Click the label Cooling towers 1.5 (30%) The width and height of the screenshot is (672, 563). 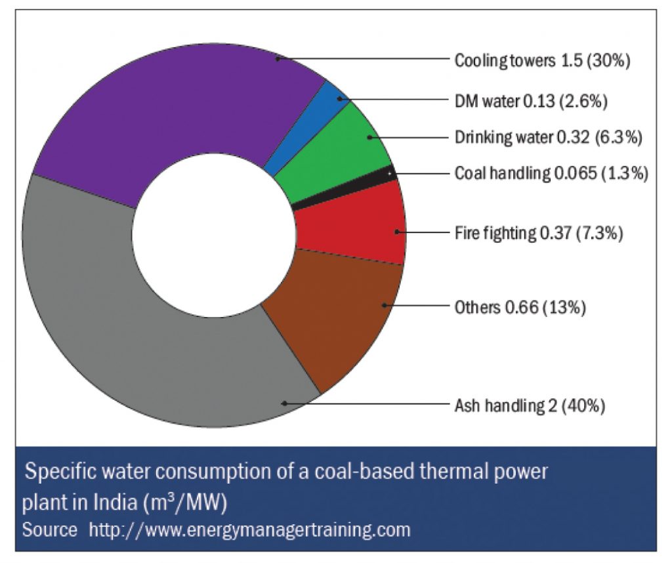point(542,60)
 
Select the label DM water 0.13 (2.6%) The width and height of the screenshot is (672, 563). point(531,101)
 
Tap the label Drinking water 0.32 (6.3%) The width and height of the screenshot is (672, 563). point(548,137)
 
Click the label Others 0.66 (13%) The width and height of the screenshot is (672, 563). point(520,307)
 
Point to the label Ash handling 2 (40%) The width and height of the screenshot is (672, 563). point(530,405)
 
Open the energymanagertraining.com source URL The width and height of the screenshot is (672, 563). point(249,530)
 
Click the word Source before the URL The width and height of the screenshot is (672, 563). point(49,530)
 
